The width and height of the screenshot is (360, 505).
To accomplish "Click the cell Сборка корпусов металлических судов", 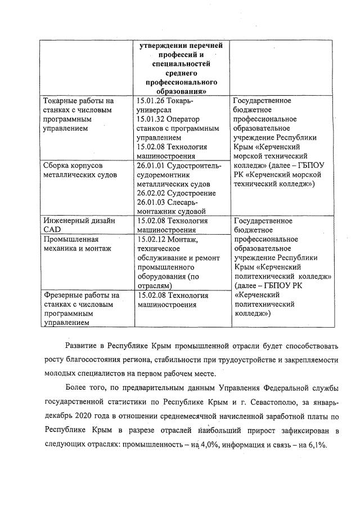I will pyautogui.click(x=79, y=170).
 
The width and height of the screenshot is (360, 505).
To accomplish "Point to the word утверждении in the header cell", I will pyautogui.click(x=163, y=46).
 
